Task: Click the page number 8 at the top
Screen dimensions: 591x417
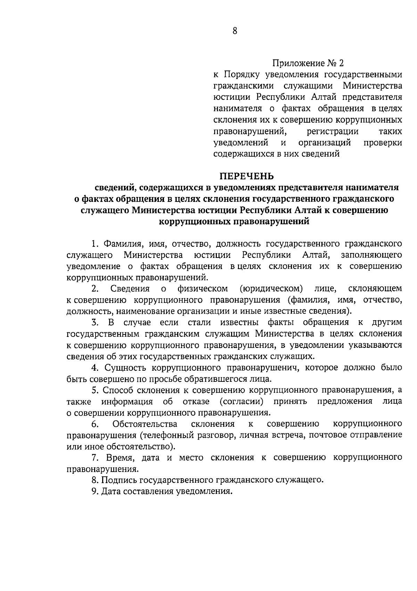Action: (235, 31)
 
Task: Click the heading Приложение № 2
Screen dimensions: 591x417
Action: (308, 63)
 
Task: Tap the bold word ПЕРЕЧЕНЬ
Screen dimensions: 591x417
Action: (246, 176)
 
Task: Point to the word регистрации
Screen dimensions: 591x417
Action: (333, 132)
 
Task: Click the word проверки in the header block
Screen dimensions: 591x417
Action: (383, 143)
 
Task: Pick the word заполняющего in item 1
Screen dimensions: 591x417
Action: (371, 255)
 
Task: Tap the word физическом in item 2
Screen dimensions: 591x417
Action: (203, 289)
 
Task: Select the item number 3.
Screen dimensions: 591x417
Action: (94, 322)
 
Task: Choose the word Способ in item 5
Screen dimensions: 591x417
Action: (117, 390)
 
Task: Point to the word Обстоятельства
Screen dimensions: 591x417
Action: (145, 424)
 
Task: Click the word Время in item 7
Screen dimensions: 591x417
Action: (120, 458)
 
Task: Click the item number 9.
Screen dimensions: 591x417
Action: (94, 491)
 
